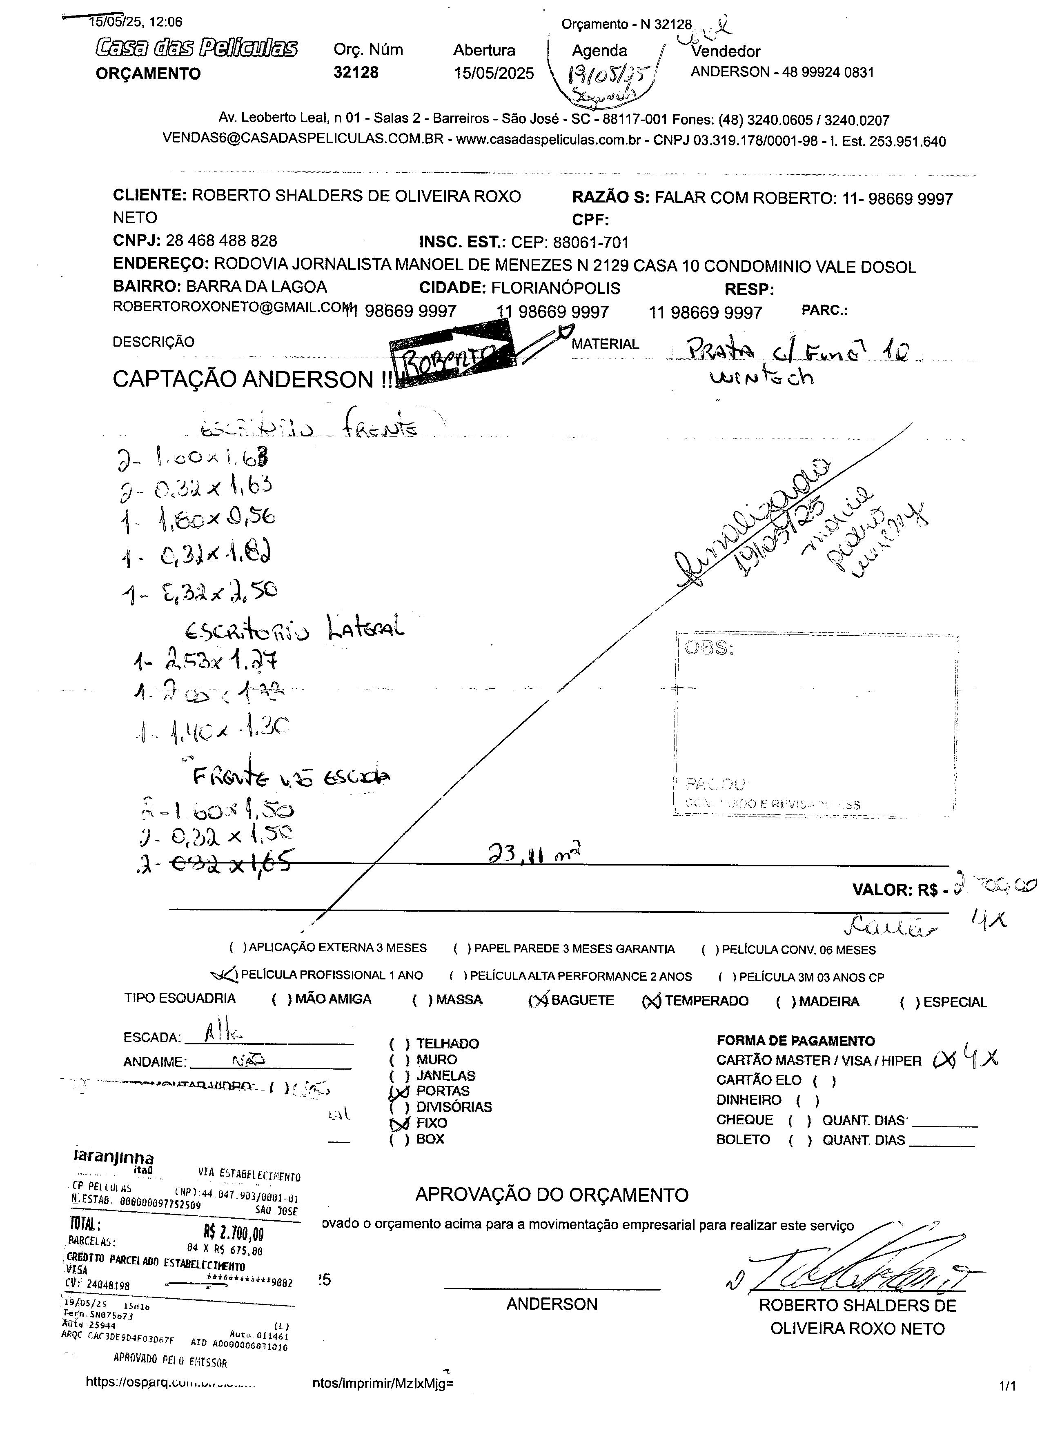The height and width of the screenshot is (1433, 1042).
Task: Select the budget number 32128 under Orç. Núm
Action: click(356, 73)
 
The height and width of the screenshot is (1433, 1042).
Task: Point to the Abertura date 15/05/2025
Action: click(494, 73)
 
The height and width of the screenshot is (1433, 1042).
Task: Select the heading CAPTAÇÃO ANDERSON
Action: click(253, 379)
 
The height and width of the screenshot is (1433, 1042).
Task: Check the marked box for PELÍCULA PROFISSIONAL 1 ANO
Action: click(225, 975)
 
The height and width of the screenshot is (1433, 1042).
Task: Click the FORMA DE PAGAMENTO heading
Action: click(795, 1041)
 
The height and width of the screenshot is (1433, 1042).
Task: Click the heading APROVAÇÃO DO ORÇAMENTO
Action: click(552, 1195)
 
